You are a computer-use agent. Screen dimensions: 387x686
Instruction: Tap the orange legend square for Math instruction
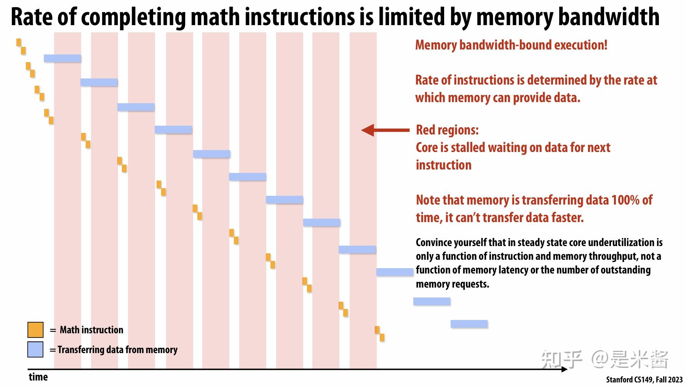(x=35, y=330)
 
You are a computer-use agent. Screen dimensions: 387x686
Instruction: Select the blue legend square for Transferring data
(x=35, y=350)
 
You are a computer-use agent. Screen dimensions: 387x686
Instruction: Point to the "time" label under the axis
(x=38, y=377)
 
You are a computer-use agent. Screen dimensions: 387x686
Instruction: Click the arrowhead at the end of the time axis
(x=564, y=369)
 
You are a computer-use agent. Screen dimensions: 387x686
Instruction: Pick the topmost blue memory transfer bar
(x=62, y=58)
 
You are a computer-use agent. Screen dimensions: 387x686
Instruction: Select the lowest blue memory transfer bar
(x=469, y=324)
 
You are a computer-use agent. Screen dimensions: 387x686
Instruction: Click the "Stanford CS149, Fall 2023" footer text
(x=644, y=380)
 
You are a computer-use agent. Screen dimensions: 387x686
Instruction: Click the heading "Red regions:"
(x=447, y=130)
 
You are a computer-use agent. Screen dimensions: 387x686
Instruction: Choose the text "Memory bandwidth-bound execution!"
(x=511, y=45)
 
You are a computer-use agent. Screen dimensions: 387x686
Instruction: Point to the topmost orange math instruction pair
(x=21, y=46)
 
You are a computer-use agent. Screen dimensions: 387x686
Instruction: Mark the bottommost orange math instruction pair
(x=379, y=334)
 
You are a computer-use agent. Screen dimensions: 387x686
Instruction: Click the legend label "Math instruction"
(x=91, y=330)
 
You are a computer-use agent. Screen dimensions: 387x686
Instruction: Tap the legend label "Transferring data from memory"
(x=117, y=350)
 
